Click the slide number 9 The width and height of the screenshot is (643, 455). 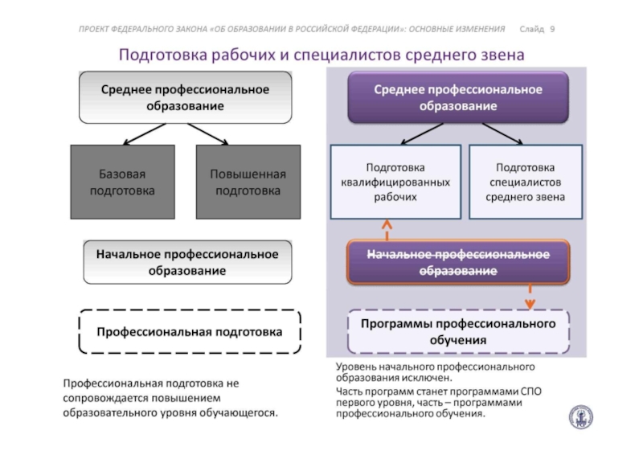pos(552,29)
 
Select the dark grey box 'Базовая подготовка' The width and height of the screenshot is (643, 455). pos(123,182)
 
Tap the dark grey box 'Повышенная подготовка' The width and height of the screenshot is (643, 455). pos(248,182)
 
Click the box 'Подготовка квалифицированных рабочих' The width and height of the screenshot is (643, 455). pos(395,182)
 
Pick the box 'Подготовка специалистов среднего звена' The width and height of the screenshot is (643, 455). pos(526,182)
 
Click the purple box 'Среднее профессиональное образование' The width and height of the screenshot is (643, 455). pos(458,97)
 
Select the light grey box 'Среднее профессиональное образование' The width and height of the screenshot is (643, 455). pos(186,97)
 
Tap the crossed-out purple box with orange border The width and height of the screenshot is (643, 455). pos(458,262)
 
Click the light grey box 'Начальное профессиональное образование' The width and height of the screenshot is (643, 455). pos(187,262)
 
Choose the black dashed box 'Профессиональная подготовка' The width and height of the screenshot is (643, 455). pos(190,331)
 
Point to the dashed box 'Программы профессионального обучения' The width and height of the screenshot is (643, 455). pos(458,331)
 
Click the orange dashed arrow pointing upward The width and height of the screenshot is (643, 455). pos(387,230)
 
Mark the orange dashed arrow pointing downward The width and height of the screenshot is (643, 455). pos(530,297)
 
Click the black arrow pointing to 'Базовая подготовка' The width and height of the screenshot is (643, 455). pos(145,134)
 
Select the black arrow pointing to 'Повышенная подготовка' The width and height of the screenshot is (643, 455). pos(208,134)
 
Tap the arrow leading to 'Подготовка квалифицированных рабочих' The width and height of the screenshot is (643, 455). pos(422,134)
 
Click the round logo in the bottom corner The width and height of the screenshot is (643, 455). pos(580,417)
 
